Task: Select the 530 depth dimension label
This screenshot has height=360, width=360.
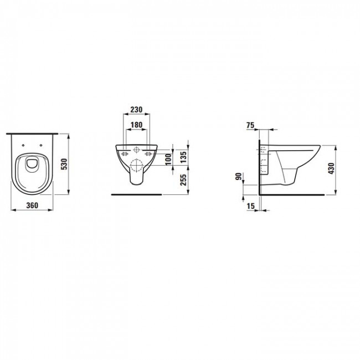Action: pos(64,164)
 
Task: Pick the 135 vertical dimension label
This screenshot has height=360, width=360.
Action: pos(183,158)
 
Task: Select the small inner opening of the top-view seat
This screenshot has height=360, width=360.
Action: pos(32,162)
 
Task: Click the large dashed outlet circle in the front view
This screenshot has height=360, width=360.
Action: pos(136,166)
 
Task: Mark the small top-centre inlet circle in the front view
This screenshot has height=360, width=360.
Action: pos(136,150)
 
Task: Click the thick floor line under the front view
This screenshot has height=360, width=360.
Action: pos(136,195)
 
